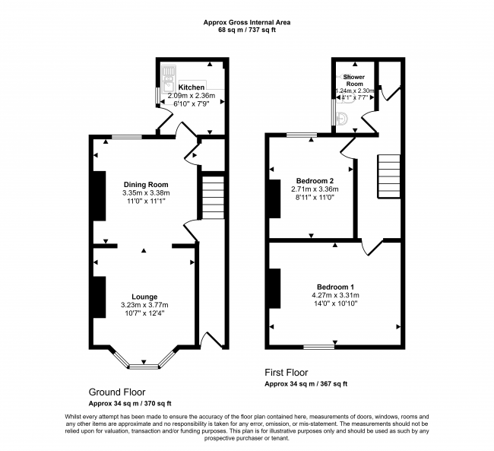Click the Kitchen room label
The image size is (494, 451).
point(192,87)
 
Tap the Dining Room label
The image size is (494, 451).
point(146,185)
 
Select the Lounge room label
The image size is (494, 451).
point(144,297)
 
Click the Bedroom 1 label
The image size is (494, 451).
point(335,287)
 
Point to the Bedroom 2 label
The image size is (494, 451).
point(315,181)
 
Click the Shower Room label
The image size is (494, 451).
point(354,81)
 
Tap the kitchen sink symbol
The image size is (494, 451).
point(168,80)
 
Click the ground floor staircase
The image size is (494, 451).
point(213,198)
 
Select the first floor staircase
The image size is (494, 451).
point(389,176)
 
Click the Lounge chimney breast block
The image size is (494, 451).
point(99,297)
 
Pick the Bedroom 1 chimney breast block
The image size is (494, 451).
point(274,288)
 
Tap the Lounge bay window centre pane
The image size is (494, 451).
point(144,367)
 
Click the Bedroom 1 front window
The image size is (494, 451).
point(319,347)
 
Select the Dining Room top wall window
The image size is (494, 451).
point(127,137)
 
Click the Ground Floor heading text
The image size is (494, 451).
point(117,392)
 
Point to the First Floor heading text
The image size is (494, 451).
point(286,373)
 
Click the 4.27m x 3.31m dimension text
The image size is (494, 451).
point(335,296)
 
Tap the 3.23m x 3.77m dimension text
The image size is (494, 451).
point(144,305)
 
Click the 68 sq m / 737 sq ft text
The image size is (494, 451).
point(247,30)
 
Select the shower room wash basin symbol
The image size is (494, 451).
point(342,119)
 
